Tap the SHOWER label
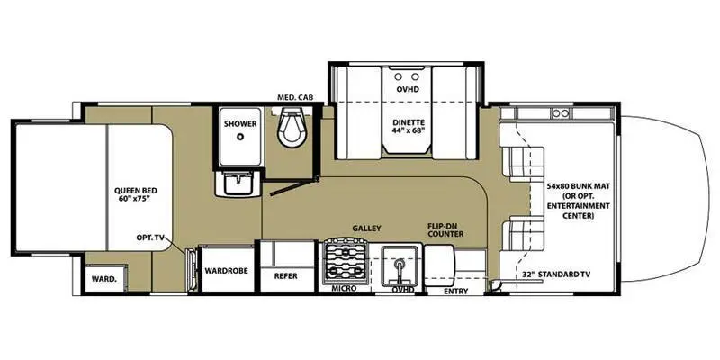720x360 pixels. pyautogui.click(x=240, y=122)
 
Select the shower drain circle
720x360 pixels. pyautogui.click(x=240, y=139)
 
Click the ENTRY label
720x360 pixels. pyautogui.click(x=456, y=290)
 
